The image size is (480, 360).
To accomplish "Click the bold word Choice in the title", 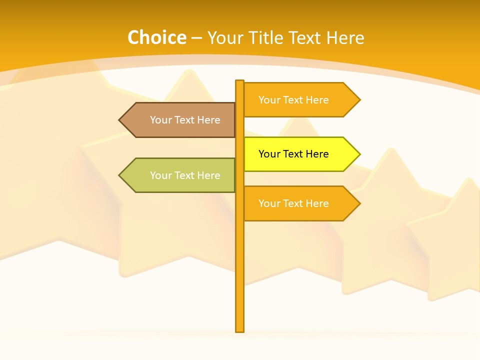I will pos(156,37).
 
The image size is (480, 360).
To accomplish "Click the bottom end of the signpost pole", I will pos(240,329).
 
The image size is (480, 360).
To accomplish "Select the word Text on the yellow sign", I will pos(293,154).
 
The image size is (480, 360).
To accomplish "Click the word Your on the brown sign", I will pos(160,120).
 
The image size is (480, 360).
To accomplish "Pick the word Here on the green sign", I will pos(208,175).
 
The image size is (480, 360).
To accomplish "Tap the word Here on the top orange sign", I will pos(317,100).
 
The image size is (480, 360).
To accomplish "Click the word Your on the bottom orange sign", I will pos(269,203).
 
